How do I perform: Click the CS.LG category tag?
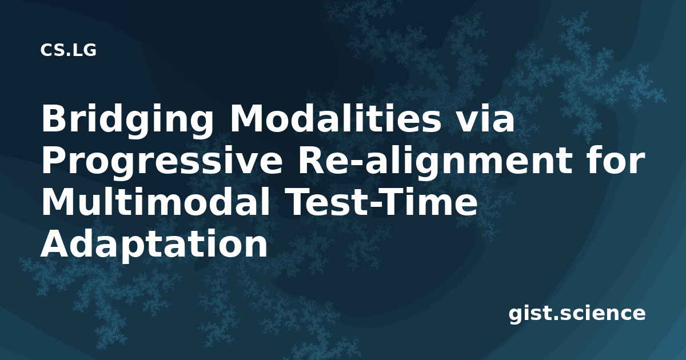68,50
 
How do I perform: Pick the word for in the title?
616,160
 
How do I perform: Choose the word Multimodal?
155,202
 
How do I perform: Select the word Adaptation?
154,245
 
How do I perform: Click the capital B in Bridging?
55,118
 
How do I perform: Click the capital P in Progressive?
54,161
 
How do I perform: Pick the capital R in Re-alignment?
312,161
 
